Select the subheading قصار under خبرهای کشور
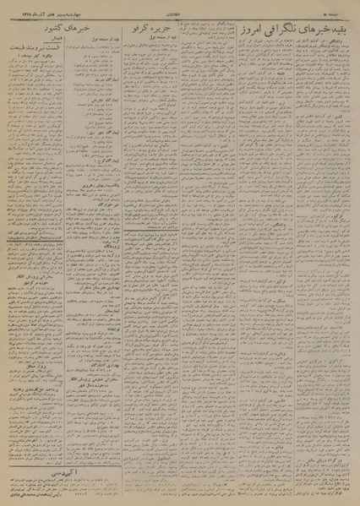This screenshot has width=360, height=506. (x=27, y=36)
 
